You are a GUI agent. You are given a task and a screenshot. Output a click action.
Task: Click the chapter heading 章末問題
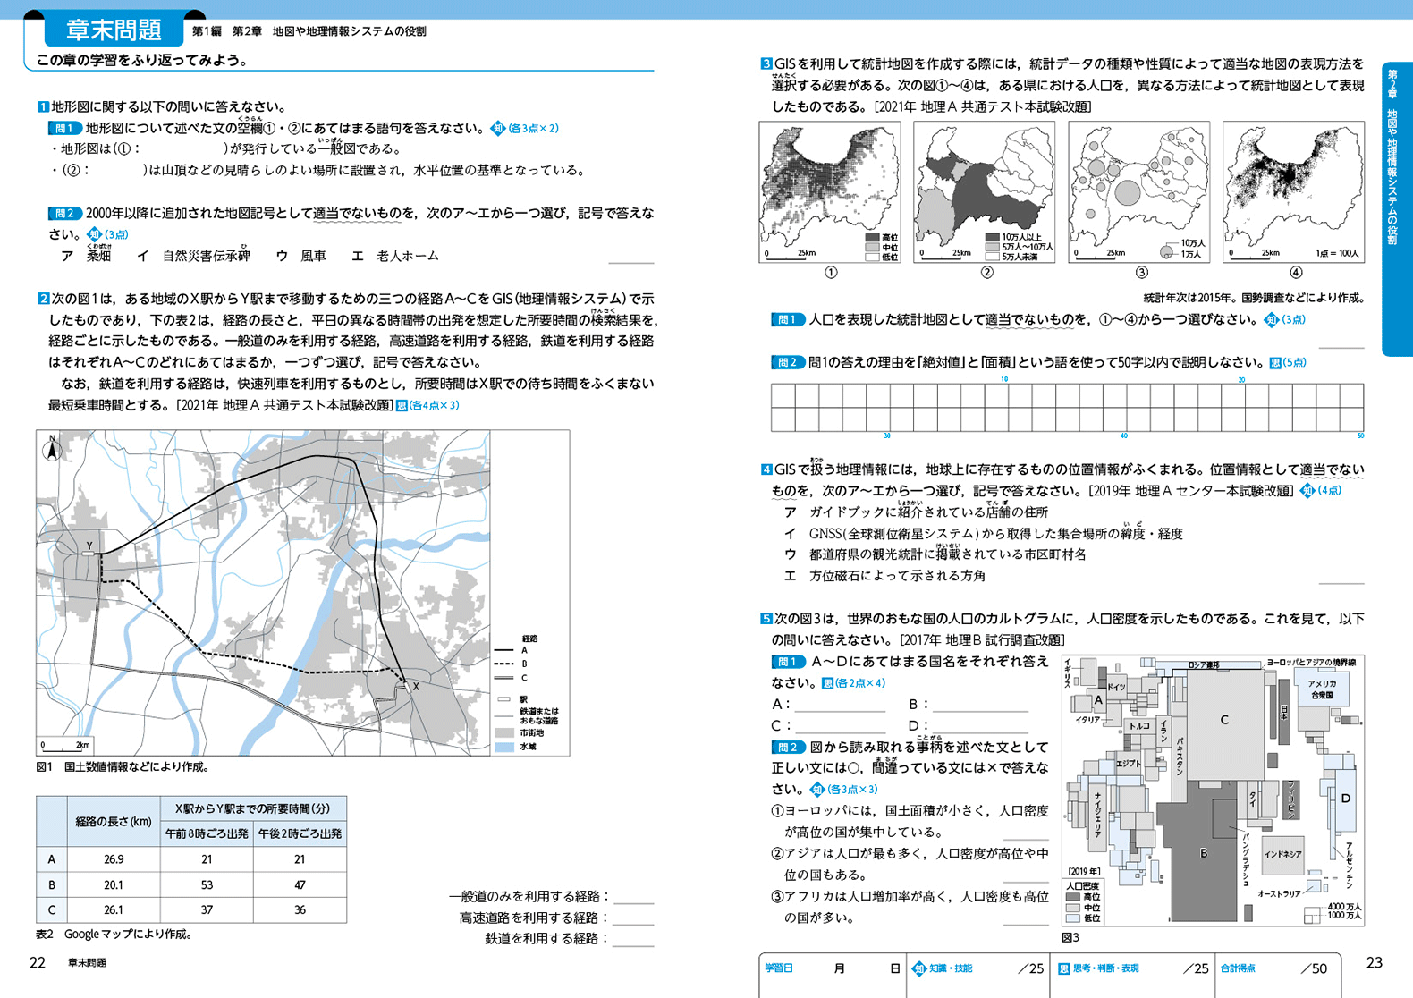pyautogui.click(x=114, y=30)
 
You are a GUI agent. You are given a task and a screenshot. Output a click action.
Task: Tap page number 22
pyautogui.click(x=38, y=962)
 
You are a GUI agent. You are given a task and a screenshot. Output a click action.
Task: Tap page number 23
pyautogui.click(x=1374, y=962)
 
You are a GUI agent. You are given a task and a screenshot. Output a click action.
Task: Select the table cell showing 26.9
pyautogui.click(x=114, y=859)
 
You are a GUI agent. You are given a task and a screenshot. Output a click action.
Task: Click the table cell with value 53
pyautogui.click(x=207, y=885)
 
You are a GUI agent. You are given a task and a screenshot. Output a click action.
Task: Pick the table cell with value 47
pyautogui.click(x=300, y=885)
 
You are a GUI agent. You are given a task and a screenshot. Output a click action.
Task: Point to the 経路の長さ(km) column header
pyautogui.click(x=114, y=821)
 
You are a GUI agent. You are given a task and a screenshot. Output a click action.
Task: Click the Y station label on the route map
pyautogui.click(x=89, y=546)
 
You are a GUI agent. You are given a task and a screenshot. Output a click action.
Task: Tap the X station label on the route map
pyautogui.click(x=416, y=687)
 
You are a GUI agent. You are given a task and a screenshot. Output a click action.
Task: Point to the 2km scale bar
pyautogui.click(x=64, y=745)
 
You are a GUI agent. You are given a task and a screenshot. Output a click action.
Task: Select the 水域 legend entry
pyautogui.click(x=529, y=746)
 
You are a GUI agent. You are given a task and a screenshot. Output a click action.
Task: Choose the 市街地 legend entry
pyautogui.click(x=531, y=732)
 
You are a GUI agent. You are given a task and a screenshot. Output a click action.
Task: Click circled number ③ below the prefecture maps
pyautogui.click(x=1141, y=273)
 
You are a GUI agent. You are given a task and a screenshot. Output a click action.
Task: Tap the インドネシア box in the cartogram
pyautogui.click(x=1282, y=855)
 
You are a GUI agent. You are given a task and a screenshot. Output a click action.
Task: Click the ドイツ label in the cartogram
pyautogui.click(x=1116, y=687)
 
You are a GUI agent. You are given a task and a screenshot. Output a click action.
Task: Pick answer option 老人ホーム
pyautogui.click(x=408, y=256)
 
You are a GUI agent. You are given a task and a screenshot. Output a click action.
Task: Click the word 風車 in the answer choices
pyautogui.click(x=313, y=256)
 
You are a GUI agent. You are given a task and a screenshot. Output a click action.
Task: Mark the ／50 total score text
pyautogui.click(x=1313, y=968)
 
